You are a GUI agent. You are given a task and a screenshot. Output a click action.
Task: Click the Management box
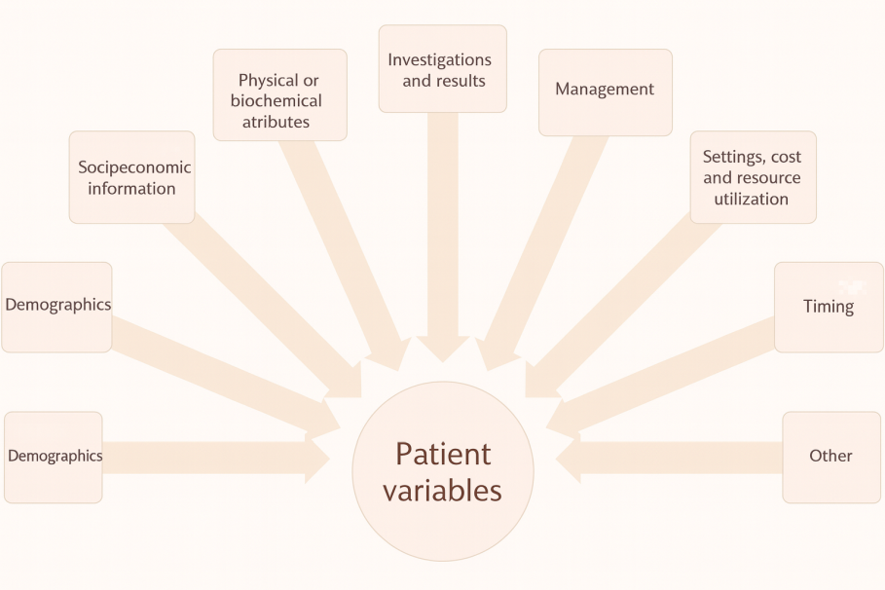(x=605, y=92)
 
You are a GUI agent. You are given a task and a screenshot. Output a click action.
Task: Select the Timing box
(x=829, y=307)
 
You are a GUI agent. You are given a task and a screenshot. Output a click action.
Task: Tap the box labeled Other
(x=830, y=456)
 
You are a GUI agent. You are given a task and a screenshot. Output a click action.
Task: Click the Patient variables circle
(x=443, y=471)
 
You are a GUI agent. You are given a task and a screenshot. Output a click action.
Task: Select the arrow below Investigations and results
(x=443, y=234)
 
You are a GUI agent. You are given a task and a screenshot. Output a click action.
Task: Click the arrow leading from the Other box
(x=672, y=457)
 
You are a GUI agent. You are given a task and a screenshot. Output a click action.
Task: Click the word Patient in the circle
(x=443, y=454)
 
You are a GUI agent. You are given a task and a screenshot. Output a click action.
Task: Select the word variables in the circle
(x=443, y=490)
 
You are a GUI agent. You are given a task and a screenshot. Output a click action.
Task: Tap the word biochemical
(x=277, y=101)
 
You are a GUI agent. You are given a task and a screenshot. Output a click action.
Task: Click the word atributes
(x=277, y=122)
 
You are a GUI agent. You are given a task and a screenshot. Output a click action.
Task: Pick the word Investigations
(x=440, y=59)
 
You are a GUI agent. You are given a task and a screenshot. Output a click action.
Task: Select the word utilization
(x=752, y=199)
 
